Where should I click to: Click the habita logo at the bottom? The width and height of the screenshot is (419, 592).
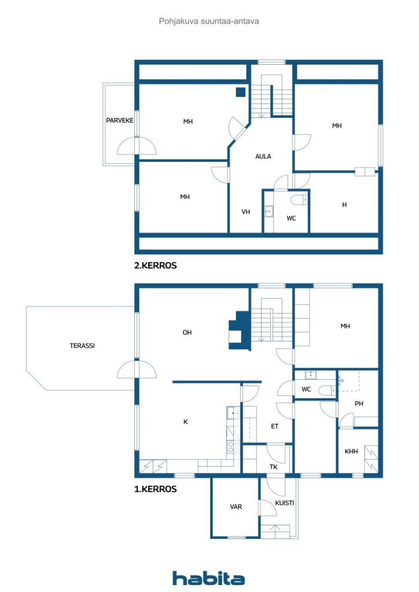pyautogui.click(x=208, y=578)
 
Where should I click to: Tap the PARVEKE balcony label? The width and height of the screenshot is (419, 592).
pyautogui.click(x=119, y=120)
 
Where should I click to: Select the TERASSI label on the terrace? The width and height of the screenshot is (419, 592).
pyautogui.click(x=82, y=346)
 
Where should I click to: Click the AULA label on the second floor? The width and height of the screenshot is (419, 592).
pyautogui.click(x=263, y=156)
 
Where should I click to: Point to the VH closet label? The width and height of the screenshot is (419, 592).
pyautogui.click(x=245, y=212)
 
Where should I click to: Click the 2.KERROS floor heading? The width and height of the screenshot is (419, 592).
pyautogui.click(x=155, y=265)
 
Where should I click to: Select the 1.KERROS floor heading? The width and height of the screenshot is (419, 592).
pyautogui.click(x=155, y=489)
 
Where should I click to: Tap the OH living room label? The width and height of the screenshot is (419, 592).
pyautogui.click(x=187, y=332)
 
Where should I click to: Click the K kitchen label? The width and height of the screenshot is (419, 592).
pyautogui.click(x=186, y=421)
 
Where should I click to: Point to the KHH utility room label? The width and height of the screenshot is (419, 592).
pyautogui.click(x=351, y=451)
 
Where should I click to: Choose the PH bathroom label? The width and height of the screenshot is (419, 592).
pyautogui.click(x=359, y=404)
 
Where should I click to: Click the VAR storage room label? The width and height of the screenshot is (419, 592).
pyautogui.click(x=236, y=506)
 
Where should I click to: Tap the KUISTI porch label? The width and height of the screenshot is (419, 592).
pyautogui.click(x=284, y=503)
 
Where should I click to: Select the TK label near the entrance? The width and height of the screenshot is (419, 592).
pyautogui.click(x=274, y=467)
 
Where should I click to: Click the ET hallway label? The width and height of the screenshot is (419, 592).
pyautogui.click(x=275, y=426)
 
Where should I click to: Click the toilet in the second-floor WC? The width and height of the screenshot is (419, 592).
pyautogui.click(x=299, y=199)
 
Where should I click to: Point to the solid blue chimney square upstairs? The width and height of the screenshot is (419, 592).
pyautogui.click(x=241, y=92)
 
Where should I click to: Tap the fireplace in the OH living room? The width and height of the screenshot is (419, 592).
pyautogui.click(x=239, y=331)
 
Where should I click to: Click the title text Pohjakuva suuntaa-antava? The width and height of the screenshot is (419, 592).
pyautogui.click(x=209, y=21)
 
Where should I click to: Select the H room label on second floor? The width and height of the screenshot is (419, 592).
pyautogui.click(x=344, y=205)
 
